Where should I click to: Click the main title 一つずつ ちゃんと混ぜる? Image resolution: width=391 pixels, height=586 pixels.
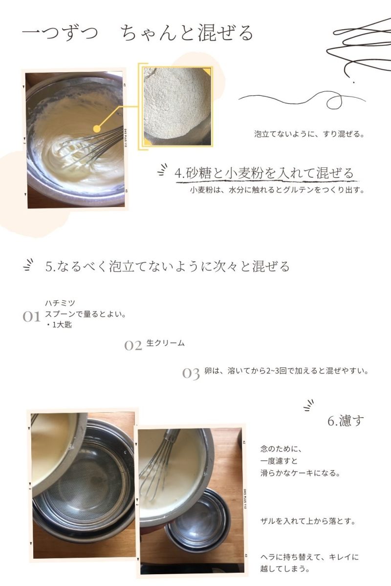tap(138, 33)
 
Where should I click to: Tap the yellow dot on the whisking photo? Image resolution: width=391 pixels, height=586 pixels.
tap(97, 129)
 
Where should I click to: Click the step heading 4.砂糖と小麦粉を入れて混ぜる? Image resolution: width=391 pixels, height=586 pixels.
tap(264, 173)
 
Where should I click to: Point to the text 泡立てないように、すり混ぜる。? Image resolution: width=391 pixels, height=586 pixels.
tap(309, 134)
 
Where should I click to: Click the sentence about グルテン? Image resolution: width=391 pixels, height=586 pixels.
tap(277, 189)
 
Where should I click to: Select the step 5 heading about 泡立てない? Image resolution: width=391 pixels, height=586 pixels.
tap(167, 266)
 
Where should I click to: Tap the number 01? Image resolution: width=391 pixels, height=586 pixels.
tap(31, 316)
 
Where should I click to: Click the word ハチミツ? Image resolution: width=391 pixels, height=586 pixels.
tap(60, 303)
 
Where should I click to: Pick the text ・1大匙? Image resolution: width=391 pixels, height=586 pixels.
tap(59, 325)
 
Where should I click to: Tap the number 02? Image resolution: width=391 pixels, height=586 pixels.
tap(133, 346)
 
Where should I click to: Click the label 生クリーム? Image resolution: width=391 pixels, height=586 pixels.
tap(166, 343)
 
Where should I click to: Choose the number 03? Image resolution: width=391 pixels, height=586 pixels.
tap(191, 373)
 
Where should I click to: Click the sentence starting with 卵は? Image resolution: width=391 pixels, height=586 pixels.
tap(286, 371)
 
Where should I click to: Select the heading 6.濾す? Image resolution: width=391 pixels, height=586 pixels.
tap(346, 420)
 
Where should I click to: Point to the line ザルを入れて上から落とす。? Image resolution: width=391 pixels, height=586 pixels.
tap(308, 521)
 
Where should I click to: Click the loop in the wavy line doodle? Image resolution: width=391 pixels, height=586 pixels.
tap(334, 102)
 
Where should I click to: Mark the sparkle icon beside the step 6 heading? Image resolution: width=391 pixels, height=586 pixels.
tap(309, 405)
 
